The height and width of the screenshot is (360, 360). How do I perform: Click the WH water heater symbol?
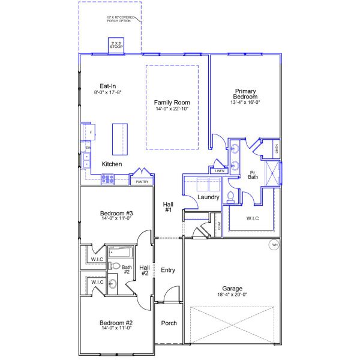pyautogui.click(x=275, y=245)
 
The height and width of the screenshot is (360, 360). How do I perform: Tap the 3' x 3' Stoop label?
pyautogui.click(x=116, y=46)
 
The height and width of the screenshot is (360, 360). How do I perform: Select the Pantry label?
pyautogui.click(x=142, y=181)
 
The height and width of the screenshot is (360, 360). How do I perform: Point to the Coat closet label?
pyautogui.click(x=219, y=226)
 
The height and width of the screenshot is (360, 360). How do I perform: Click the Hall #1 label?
pyautogui.click(x=168, y=207)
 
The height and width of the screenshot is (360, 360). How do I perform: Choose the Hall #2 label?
pyautogui.click(x=144, y=270)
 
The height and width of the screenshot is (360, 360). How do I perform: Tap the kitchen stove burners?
pyautogui.click(x=108, y=178)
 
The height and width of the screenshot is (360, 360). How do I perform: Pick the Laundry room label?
pyautogui.click(x=208, y=197)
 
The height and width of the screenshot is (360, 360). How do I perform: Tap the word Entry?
pyautogui.click(x=168, y=270)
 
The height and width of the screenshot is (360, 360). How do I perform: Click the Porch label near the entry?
pyautogui.click(x=169, y=323)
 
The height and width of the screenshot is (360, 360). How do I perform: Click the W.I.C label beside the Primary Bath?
pyautogui.click(x=253, y=218)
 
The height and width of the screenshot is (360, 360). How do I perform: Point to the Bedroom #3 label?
pyautogui.click(x=116, y=214)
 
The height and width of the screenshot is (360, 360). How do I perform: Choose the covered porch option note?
pyautogui.click(x=120, y=19)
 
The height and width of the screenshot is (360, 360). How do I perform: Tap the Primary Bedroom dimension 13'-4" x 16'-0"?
pyautogui.click(x=246, y=103)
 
